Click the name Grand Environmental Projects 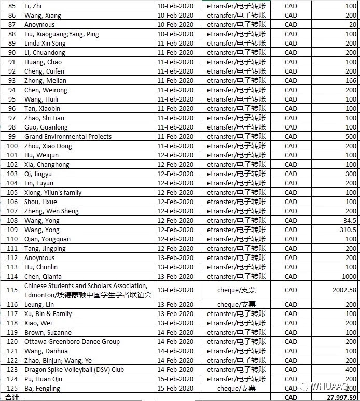point(68,137)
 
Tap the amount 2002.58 point(344,290)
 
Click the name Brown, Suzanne point(48,333)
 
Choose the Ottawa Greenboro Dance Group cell point(72,342)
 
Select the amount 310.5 point(347,230)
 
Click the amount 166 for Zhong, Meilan point(351,81)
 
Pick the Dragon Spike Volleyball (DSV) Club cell point(74,370)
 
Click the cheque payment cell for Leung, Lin point(236,305)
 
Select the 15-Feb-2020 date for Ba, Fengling point(175,389)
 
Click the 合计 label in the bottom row point(11,397)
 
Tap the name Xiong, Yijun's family point(53,193)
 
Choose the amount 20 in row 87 point(353,25)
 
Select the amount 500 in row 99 point(351,137)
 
